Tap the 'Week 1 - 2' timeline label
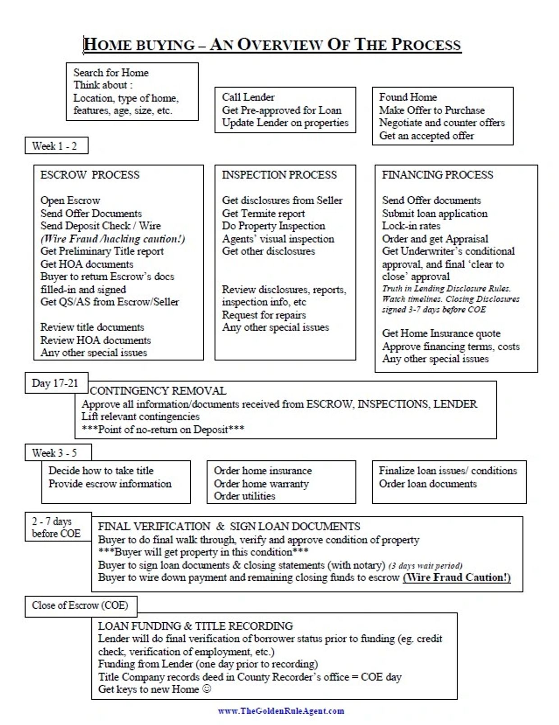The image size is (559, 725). pos(55,146)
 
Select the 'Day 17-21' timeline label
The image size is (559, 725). pos(55,383)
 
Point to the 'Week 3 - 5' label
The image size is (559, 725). pos(55,453)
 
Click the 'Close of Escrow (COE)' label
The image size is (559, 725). pos(80,605)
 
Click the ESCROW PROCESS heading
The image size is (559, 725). pos(90,175)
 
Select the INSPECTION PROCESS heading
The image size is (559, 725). pos(279,175)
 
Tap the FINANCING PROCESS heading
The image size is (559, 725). pos(437,175)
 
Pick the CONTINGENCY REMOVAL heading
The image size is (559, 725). pos(158,391)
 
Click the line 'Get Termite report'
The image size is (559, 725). pos(263,214)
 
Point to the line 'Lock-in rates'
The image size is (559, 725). pos(411,226)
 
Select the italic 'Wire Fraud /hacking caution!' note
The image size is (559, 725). pos(113,239)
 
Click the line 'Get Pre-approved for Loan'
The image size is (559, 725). pos(282,110)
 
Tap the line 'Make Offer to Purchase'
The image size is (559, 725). pos(431,110)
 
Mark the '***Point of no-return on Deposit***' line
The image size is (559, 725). pos(163,429)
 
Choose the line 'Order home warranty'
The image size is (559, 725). pos(261,484)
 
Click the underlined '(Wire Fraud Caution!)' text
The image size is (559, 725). pos(456,578)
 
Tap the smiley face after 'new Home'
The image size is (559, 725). pos(206,689)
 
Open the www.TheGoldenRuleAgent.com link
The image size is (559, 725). pos(281,711)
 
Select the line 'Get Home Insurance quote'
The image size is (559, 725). pos(441,334)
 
